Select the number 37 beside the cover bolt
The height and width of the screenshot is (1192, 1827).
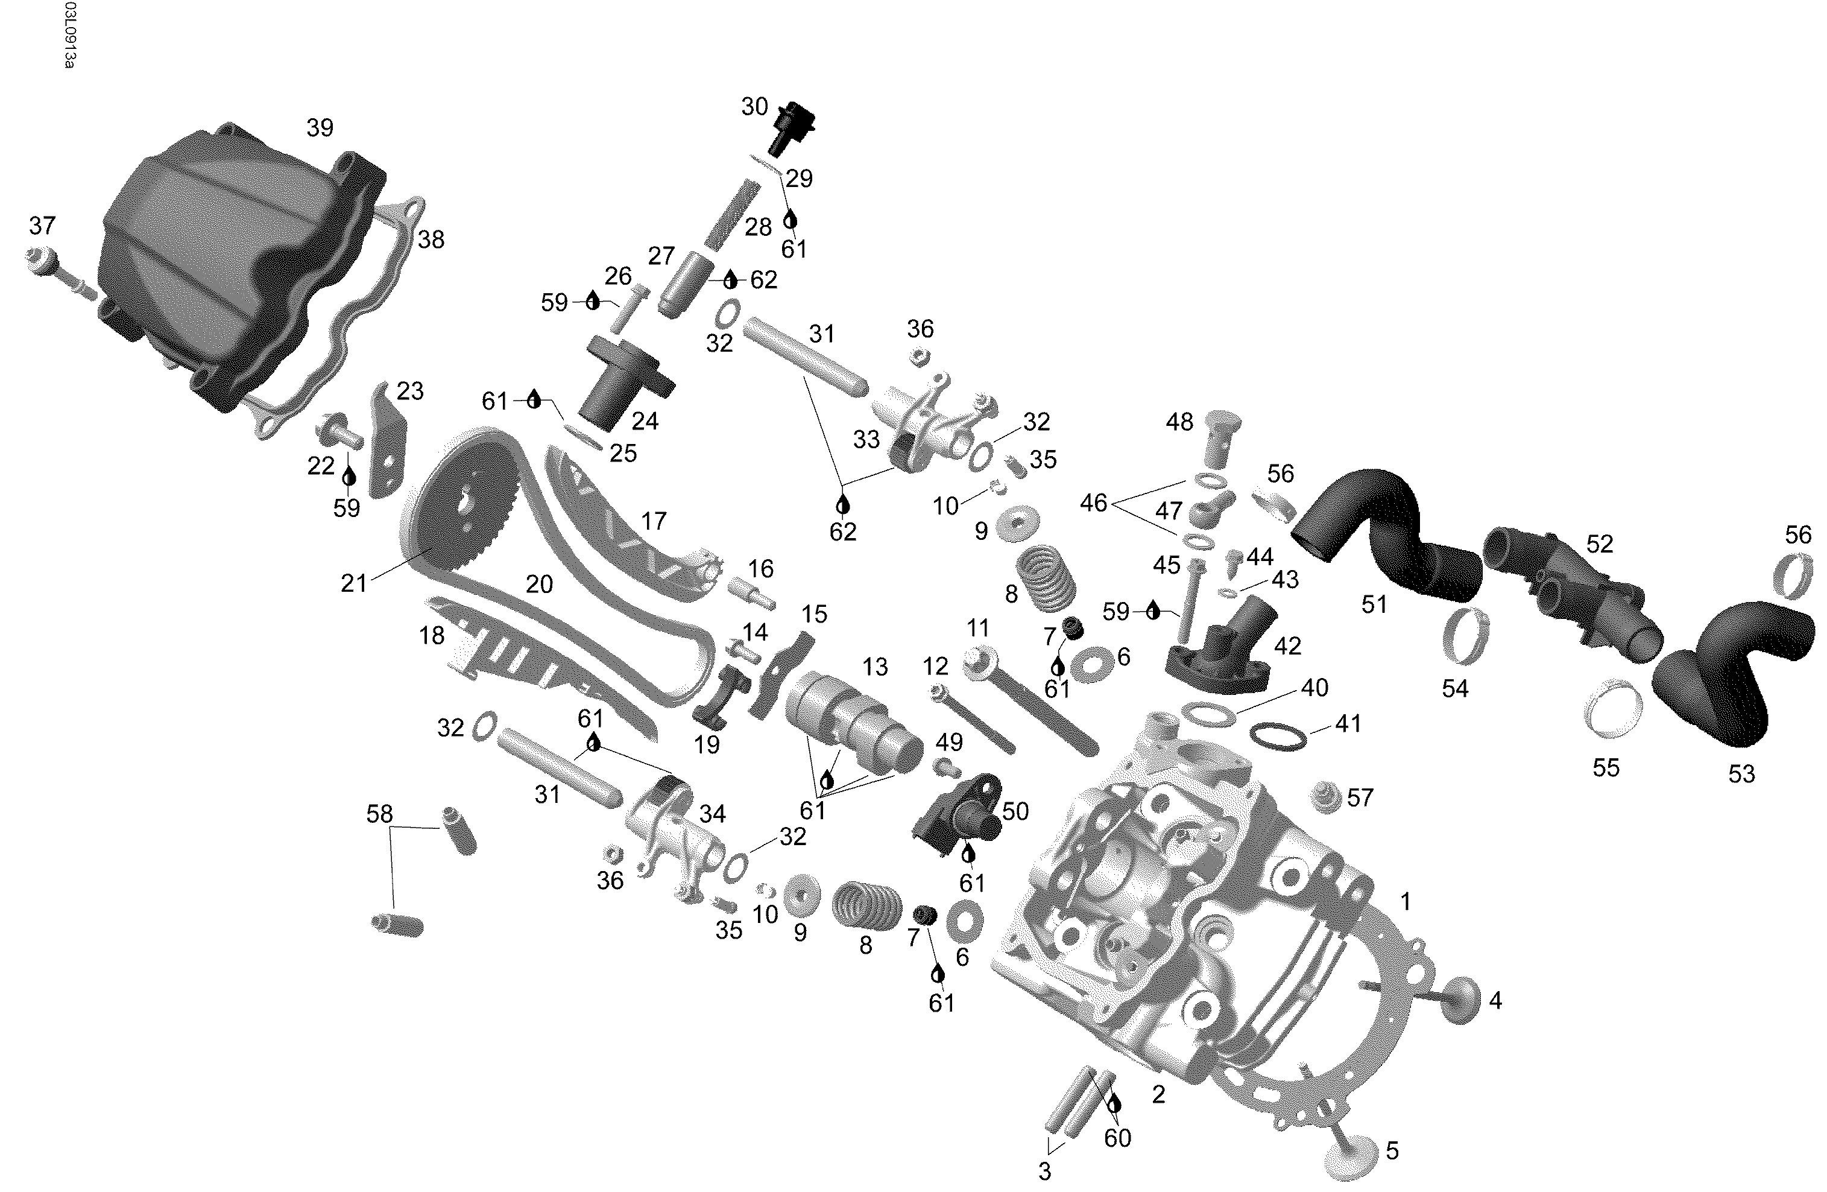(42, 226)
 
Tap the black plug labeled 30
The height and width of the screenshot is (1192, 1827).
(790, 127)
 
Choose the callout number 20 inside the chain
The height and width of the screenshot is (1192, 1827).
(539, 585)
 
